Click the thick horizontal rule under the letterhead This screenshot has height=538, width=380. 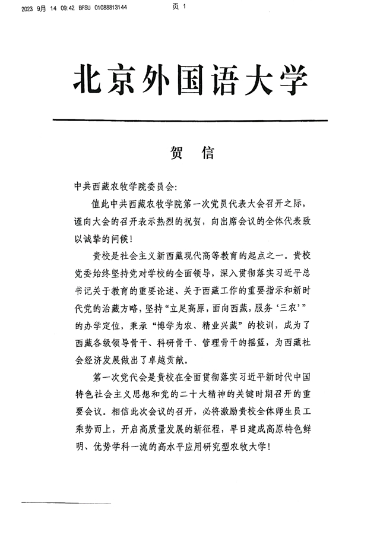tap(190, 121)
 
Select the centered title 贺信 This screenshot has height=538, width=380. tap(191, 154)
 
